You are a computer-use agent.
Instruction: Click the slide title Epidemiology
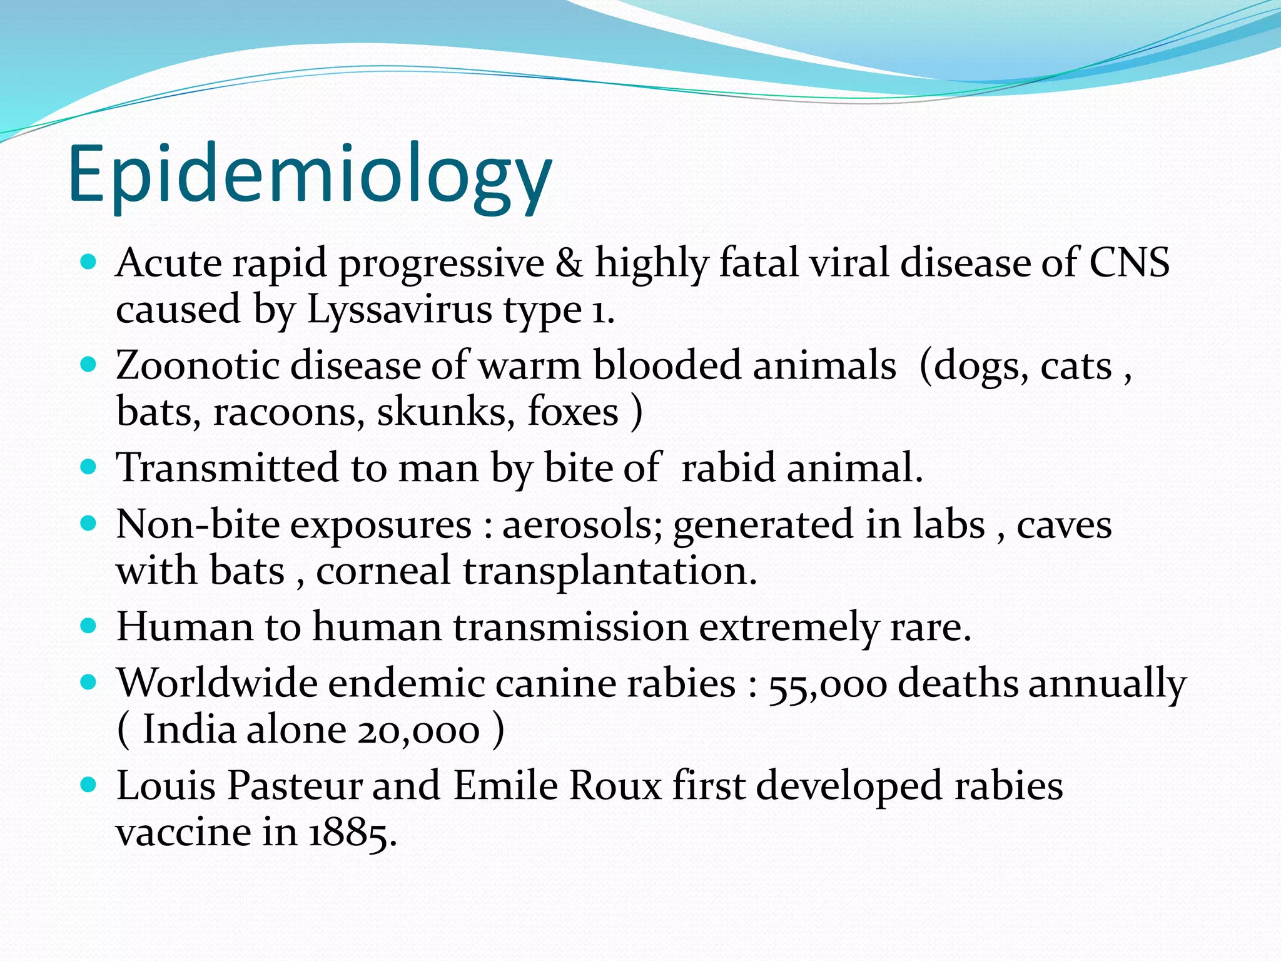pos(310,175)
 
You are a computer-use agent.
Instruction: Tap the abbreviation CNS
pos(1129,263)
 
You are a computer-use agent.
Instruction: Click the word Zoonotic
pos(197,366)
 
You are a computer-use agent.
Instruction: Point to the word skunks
pos(446,412)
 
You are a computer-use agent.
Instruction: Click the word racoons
pos(288,412)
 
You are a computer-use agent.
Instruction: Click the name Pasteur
pos(294,786)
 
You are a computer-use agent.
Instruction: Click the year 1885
pos(352,833)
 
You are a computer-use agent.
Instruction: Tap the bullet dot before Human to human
pos(89,626)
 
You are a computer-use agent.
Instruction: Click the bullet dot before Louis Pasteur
pos(89,785)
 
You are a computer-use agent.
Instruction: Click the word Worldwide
pos(216,683)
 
